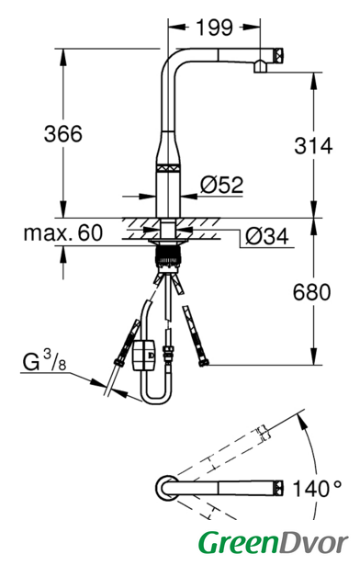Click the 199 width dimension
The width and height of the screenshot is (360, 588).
pos(215,28)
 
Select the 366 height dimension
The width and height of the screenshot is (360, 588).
pos(63,134)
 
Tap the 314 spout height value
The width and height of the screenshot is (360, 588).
pos(313,146)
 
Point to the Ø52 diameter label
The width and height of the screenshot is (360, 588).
pos(221,185)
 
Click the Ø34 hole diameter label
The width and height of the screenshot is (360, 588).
pos(267,237)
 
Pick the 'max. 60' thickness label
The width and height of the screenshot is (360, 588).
pos(63,232)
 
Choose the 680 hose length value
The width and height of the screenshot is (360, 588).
pos(311,292)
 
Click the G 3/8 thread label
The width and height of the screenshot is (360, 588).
pos(44,360)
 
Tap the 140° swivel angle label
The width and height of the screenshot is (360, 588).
pos(317,489)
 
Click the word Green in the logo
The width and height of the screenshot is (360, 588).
pos(239,543)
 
